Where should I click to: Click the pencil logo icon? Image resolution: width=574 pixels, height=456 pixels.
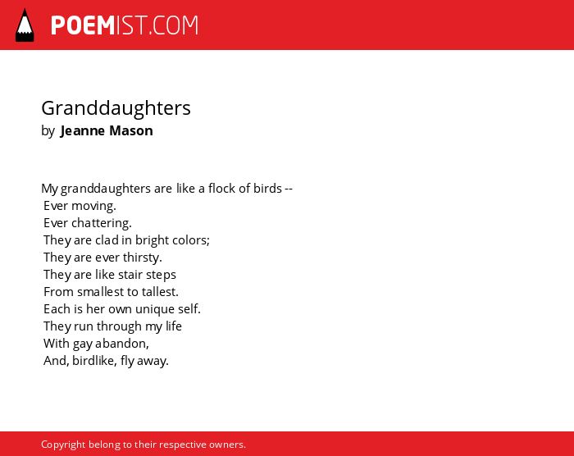pyautogui.click(x=25, y=25)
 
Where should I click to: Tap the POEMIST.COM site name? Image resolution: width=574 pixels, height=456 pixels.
pyautogui.click(x=125, y=25)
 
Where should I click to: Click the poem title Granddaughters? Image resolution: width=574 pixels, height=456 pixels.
pyautogui.click(x=116, y=108)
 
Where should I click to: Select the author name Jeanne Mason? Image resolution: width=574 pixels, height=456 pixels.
pyautogui.click(x=107, y=130)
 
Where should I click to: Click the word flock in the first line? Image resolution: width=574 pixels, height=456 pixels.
pyautogui.click(x=222, y=189)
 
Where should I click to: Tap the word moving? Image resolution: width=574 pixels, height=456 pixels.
pyautogui.click(x=93, y=206)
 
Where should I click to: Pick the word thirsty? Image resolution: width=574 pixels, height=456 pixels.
pyautogui.click(x=143, y=258)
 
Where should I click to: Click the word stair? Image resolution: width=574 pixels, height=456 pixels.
pyautogui.click(x=130, y=275)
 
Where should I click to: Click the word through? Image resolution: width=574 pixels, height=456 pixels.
pyautogui.click(x=119, y=326)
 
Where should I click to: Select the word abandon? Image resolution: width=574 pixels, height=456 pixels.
pyautogui.click(x=122, y=344)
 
